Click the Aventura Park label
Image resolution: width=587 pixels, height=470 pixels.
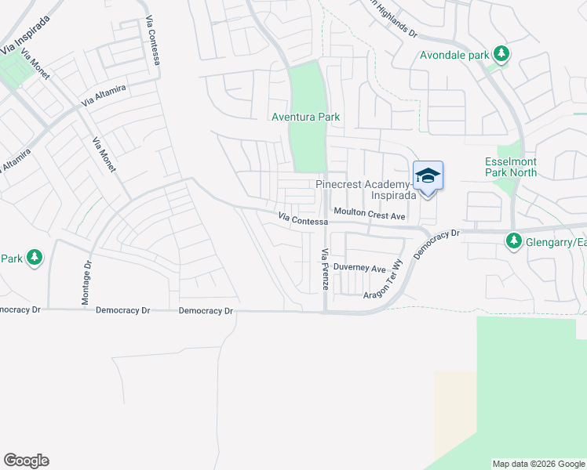pos(305,117)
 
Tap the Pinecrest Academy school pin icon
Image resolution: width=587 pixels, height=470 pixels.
pos(428,175)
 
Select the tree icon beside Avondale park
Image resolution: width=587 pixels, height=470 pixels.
pos(501,55)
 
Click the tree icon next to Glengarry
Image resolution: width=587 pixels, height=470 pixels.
pos(514,240)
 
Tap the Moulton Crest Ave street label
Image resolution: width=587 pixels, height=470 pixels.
pos(369,213)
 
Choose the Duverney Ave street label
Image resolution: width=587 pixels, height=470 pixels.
pos(359,267)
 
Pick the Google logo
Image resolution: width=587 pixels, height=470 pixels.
pos(26,461)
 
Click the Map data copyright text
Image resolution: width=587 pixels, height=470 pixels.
pos(538,464)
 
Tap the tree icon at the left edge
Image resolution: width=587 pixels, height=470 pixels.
pos(34,258)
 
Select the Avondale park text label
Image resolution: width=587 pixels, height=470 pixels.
pos(454,56)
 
